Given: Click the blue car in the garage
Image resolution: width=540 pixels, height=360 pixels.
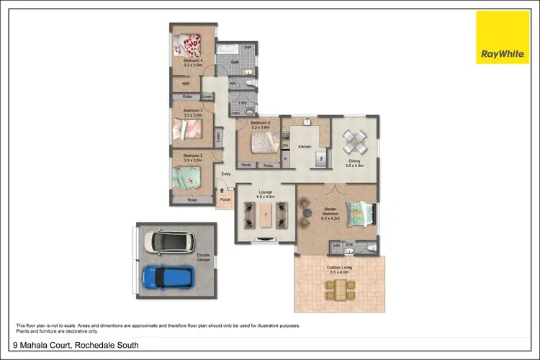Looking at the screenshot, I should coord(168,276).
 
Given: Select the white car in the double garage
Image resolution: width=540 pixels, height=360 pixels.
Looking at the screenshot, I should coord(168,241).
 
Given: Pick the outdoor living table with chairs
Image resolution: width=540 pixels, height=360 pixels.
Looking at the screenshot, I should coord(339,289).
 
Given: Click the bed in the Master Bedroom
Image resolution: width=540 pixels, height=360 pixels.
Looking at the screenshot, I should coord(359,214).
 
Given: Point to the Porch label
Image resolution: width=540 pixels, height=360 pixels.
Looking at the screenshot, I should coord(225,201).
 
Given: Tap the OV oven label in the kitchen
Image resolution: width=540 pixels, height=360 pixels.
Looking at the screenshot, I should coord(285,145).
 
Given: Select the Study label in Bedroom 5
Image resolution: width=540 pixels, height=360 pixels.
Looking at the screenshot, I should coord(246,166).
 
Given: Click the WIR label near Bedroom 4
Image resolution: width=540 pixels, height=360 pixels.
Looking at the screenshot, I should coord(185,84).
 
